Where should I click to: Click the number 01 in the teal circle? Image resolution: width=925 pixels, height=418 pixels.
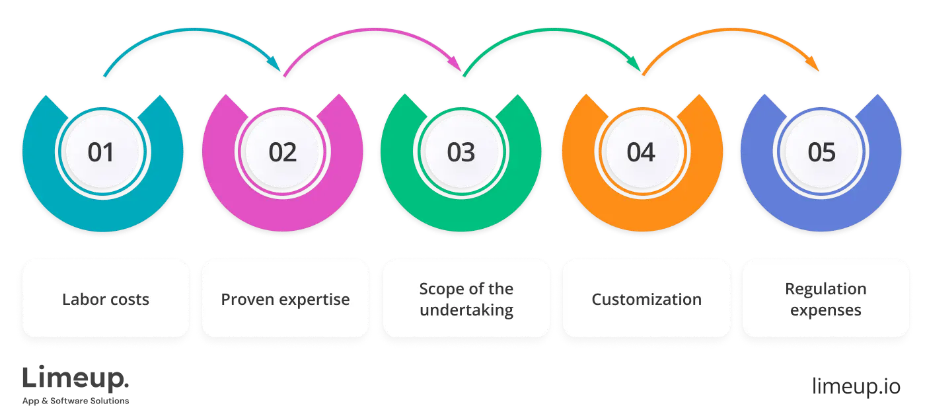(101, 153)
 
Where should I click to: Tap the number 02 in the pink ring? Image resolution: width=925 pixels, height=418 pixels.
(282, 153)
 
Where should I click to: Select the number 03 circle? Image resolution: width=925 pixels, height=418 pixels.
(461, 153)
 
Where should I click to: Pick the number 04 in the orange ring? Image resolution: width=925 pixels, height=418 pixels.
(641, 153)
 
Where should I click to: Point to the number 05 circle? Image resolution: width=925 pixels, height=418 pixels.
(822, 153)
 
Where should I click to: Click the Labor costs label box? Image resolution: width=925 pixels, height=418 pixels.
(106, 299)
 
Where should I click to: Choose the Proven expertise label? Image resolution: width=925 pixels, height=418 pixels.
(285, 299)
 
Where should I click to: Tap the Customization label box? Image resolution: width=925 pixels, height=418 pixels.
(646, 299)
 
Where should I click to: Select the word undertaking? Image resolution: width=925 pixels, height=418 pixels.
(466, 310)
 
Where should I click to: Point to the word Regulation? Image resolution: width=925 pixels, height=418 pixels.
(825, 289)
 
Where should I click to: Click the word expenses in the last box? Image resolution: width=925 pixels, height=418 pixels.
(825, 310)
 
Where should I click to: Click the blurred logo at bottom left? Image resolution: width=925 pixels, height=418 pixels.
(76, 384)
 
